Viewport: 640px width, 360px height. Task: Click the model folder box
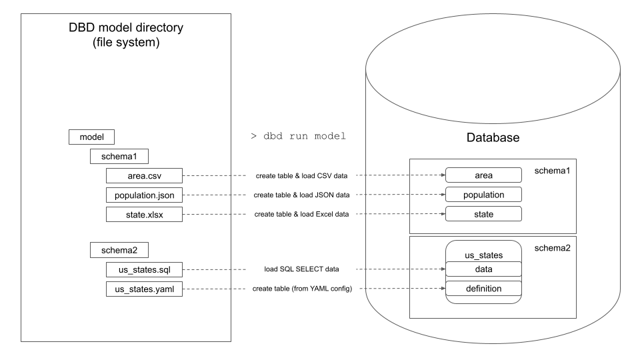[92, 137]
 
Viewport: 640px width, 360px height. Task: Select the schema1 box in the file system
[119, 156]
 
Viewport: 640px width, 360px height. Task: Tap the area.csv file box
[145, 175]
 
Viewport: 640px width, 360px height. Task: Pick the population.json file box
[145, 195]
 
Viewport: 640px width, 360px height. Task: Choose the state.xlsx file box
[145, 214]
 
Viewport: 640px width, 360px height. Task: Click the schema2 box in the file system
[119, 250]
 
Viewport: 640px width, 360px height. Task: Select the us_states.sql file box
[145, 269]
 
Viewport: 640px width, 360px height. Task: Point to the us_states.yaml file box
[145, 289]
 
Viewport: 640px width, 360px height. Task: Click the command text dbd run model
[298, 137]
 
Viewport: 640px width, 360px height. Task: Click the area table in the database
[483, 175]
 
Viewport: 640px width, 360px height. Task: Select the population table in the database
[483, 195]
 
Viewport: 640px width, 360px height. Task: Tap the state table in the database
[483, 214]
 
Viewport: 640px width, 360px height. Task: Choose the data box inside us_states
[483, 269]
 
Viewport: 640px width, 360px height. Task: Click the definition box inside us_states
[483, 289]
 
